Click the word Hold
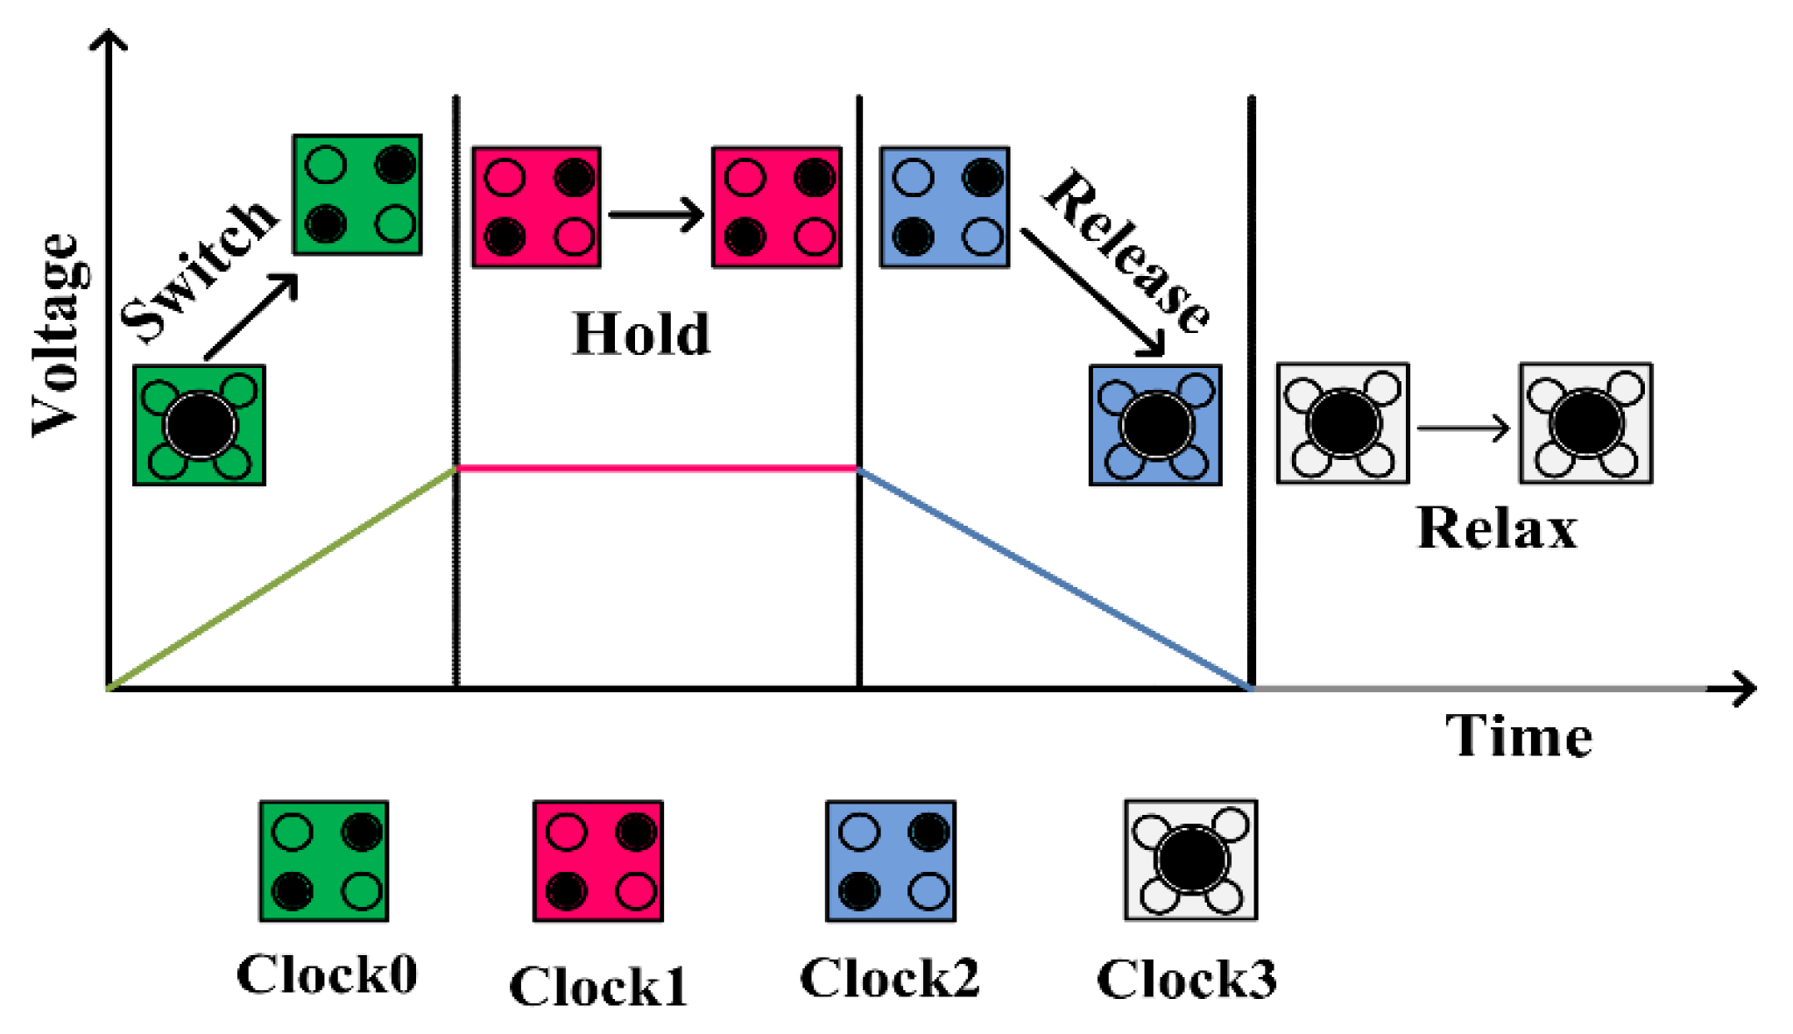(x=641, y=335)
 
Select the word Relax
(x=1496, y=529)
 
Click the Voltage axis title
(x=58, y=335)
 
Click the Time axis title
(x=1518, y=736)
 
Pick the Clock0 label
(x=327, y=974)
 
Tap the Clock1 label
(x=598, y=987)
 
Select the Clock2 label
(x=889, y=978)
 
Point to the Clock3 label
(x=1187, y=979)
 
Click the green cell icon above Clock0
(x=324, y=860)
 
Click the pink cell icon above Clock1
(x=598, y=860)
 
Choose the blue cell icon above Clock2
(x=891, y=860)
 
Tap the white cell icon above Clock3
(x=1190, y=860)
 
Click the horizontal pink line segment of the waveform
(x=657, y=469)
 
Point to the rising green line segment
(x=280, y=579)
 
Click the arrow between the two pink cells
(x=655, y=214)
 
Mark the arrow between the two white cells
(x=1463, y=428)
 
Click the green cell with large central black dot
(x=200, y=425)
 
